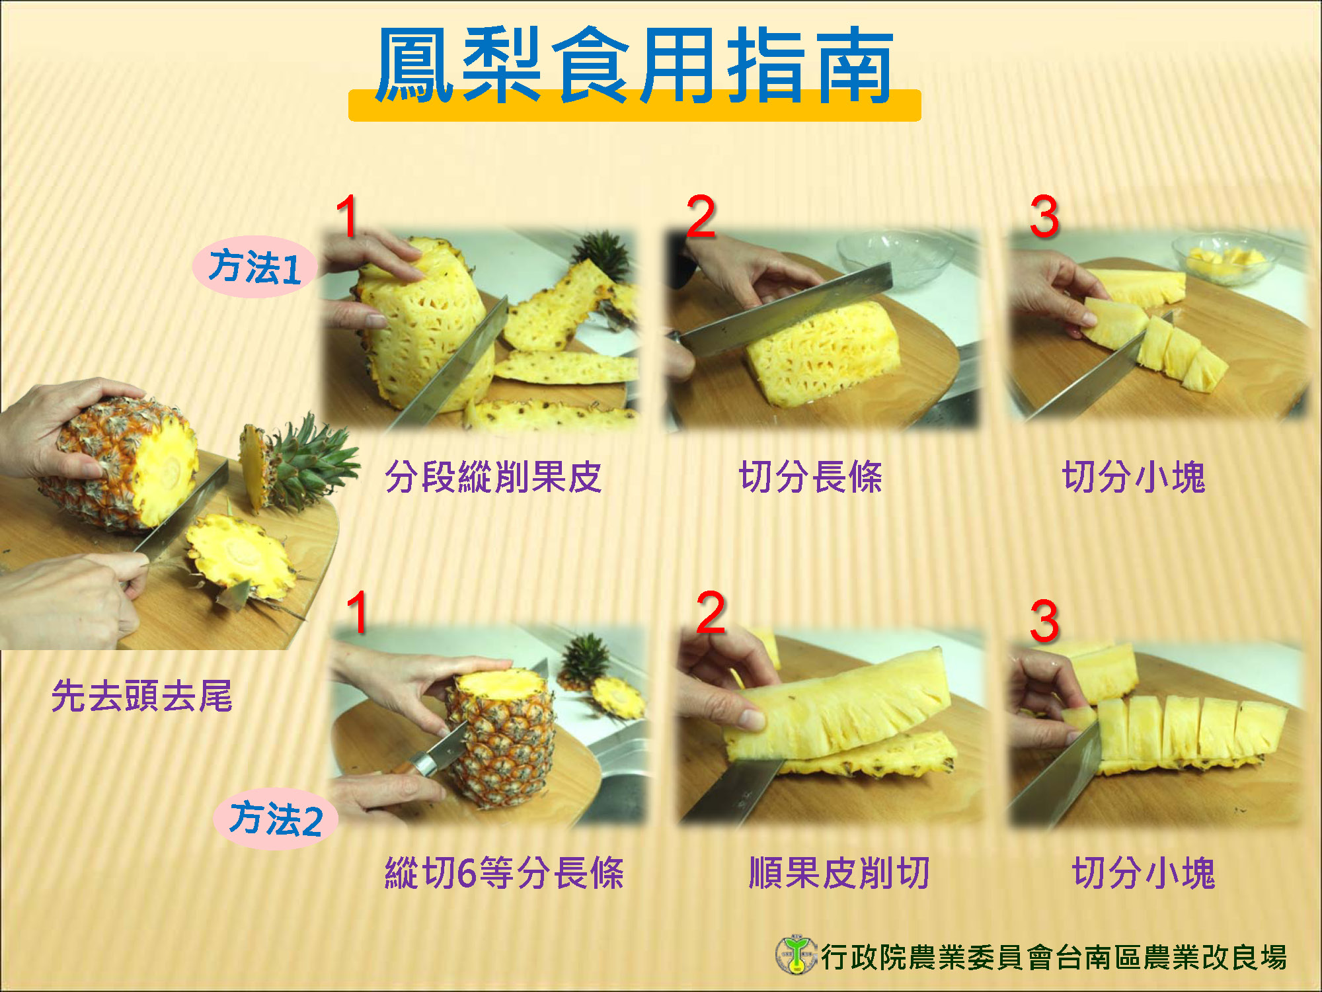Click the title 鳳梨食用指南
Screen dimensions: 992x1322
[635, 66]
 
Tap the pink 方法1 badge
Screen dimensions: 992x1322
[255, 267]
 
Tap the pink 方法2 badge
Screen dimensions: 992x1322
[276, 819]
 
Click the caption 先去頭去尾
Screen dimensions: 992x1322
[142, 696]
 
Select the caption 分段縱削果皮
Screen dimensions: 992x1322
[493, 477]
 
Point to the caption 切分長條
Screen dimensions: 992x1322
[810, 477]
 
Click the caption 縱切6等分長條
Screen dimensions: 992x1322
[504, 872]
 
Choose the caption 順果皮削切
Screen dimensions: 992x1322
[839, 872]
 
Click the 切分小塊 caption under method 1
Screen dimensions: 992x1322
[1134, 477]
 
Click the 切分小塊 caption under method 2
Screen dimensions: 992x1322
[1144, 872]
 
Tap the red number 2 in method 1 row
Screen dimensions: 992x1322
[701, 217]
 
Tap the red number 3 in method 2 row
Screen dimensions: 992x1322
[1044, 622]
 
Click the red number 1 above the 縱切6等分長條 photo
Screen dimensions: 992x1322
[357, 612]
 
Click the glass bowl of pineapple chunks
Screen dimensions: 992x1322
[1226, 260]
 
